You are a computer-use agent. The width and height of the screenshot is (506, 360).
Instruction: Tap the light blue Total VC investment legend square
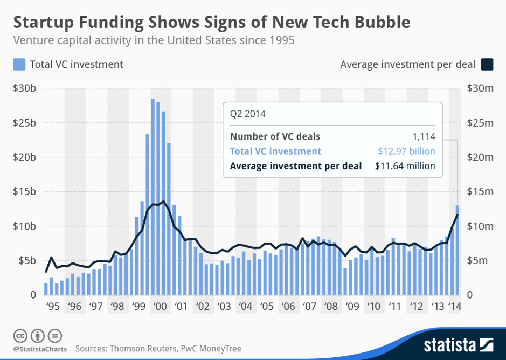[x=19, y=65]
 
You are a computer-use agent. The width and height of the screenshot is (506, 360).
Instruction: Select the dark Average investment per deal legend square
[x=487, y=65]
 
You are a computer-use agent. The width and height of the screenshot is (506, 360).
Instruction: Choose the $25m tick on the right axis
[x=481, y=123]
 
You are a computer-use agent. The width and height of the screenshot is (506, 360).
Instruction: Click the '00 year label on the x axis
[x=160, y=307]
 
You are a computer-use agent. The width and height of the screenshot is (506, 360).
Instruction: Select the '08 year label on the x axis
[x=331, y=307]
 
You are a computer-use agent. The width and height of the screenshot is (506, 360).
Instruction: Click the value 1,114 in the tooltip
[x=424, y=136]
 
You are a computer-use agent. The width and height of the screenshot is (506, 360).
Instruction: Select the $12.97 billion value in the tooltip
[x=407, y=151]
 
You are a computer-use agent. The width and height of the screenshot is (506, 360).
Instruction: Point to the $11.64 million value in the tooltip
[x=405, y=166]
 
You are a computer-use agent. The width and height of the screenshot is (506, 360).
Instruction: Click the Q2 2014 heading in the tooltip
[x=247, y=114]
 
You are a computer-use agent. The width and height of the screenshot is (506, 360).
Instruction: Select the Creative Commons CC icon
[x=20, y=336]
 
